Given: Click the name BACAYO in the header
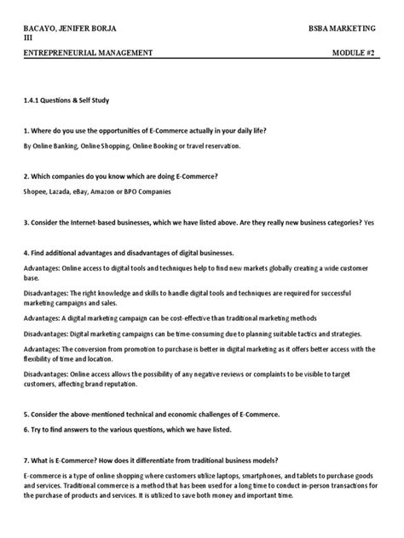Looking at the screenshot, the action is click(42, 28).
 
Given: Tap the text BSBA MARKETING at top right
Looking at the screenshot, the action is click(343, 28).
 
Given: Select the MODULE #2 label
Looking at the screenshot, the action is click(354, 53).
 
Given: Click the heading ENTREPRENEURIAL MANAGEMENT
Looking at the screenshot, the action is click(88, 53).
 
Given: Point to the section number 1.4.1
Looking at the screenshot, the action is click(32, 100).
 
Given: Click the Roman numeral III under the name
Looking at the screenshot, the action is click(28, 37).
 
